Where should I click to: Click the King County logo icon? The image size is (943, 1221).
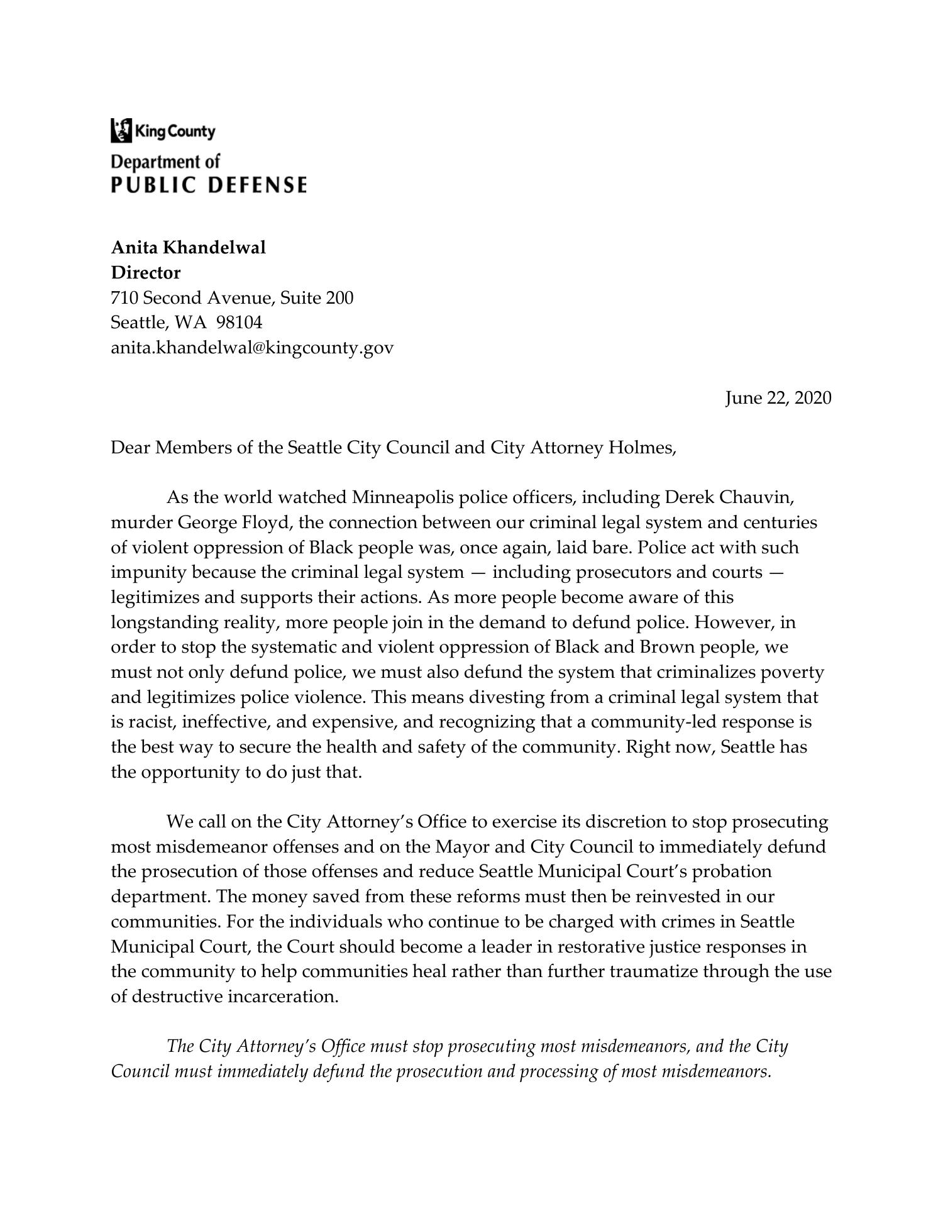tap(121, 130)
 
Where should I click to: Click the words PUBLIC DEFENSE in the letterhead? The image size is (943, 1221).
tap(209, 185)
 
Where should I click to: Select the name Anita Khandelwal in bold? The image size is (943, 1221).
tap(188, 248)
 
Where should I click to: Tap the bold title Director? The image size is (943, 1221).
tap(145, 273)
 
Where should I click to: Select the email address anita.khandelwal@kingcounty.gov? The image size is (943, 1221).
tap(252, 348)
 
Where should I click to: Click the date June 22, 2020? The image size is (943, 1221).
tap(778, 398)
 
